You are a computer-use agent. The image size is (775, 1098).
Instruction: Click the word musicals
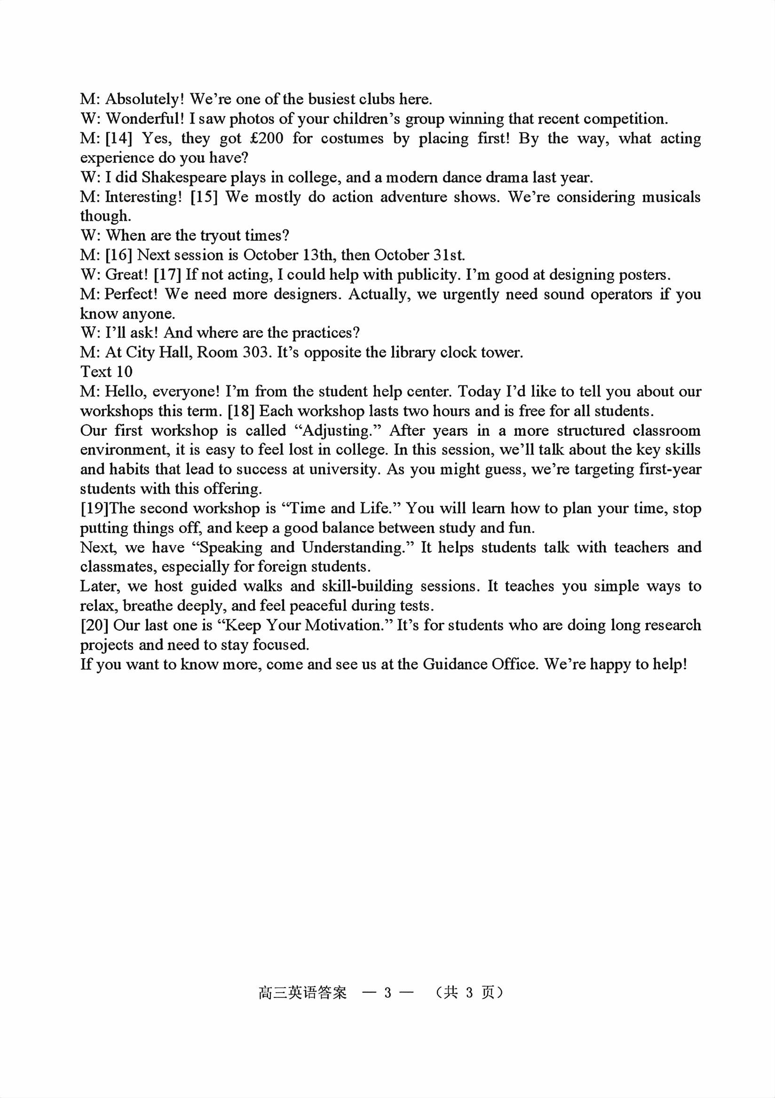click(x=671, y=197)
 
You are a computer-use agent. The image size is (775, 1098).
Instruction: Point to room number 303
click(x=254, y=353)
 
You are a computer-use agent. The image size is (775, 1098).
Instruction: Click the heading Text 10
click(x=106, y=372)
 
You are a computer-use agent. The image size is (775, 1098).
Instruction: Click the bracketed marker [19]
click(x=95, y=509)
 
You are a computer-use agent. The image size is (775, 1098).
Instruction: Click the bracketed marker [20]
click(x=95, y=626)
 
